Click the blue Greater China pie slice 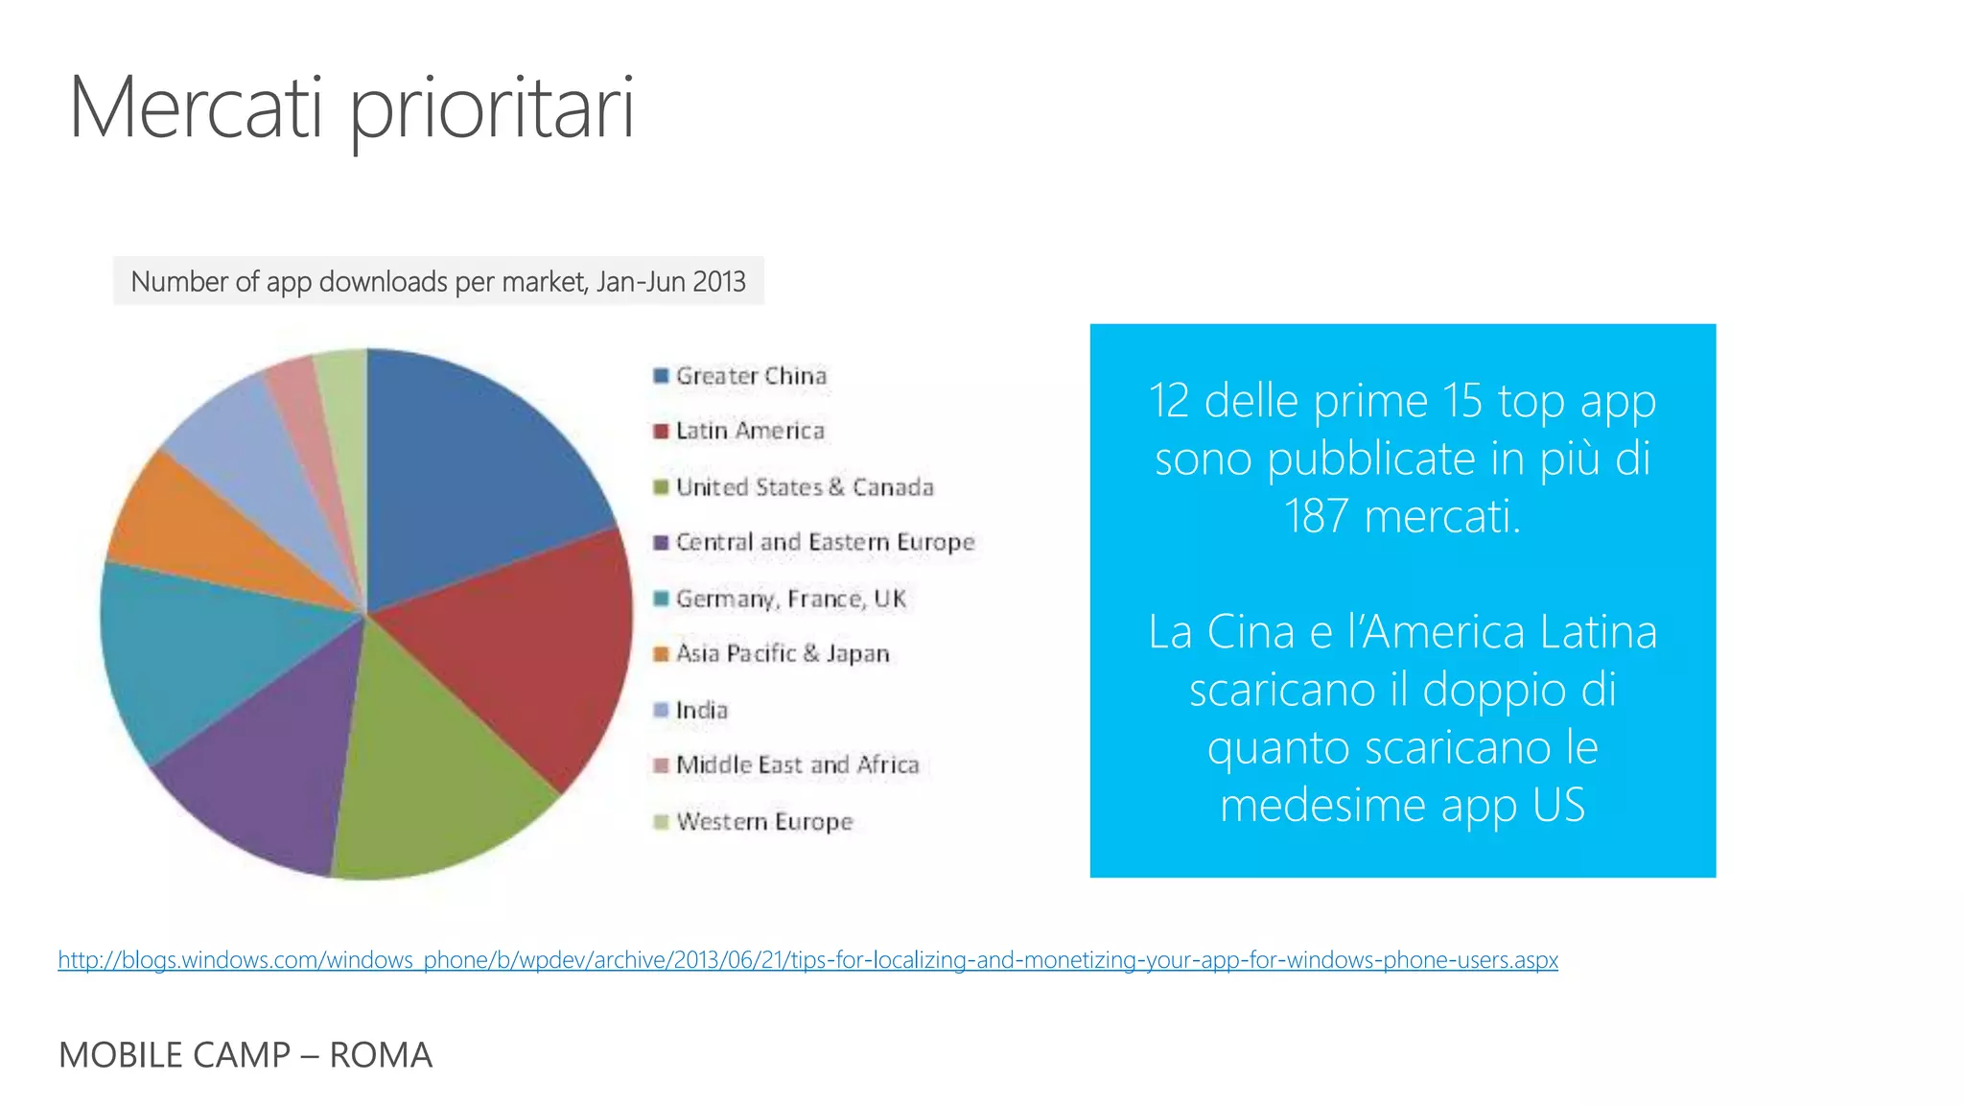470,470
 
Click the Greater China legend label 751,376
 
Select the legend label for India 702,710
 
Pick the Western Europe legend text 764,822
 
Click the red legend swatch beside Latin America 661,431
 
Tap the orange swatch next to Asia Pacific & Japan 661,654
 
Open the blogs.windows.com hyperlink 807,960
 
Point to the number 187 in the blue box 1316,516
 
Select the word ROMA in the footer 381,1055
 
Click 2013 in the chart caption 719,282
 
